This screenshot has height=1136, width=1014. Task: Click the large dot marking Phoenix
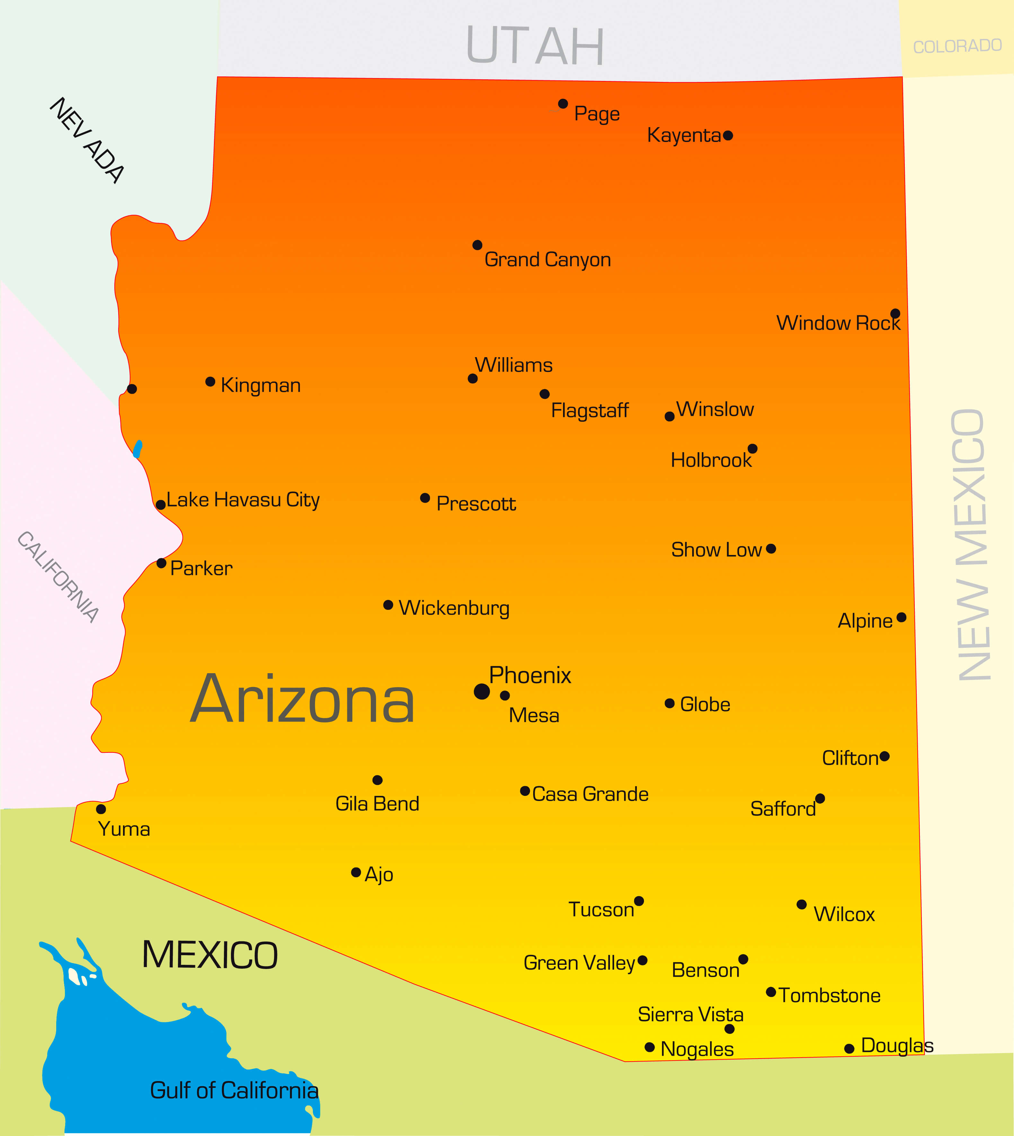point(481,691)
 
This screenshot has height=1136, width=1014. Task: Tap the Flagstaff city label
point(589,410)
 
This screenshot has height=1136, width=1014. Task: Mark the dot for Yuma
point(101,809)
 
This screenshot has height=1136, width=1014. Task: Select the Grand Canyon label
point(548,260)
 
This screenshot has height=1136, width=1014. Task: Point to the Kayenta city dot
point(727,136)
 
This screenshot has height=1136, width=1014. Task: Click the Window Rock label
point(838,323)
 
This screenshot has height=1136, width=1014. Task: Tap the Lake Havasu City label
point(243,500)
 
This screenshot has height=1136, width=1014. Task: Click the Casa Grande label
point(590,794)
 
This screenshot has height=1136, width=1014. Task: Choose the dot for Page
point(563,104)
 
